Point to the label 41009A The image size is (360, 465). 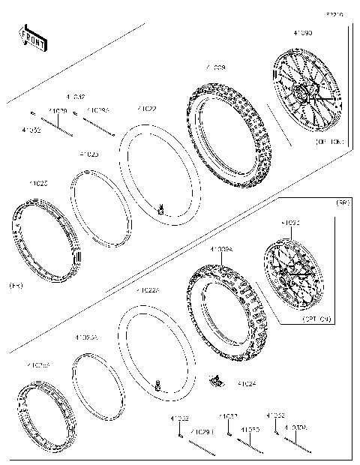(x=221, y=249)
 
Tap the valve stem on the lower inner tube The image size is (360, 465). (x=158, y=386)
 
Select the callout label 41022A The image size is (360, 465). (x=147, y=290)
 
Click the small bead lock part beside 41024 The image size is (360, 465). (x=215, y=381)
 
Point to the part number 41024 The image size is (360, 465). (x=247, y=383)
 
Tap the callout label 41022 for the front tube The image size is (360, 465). (x=147, y=109)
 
